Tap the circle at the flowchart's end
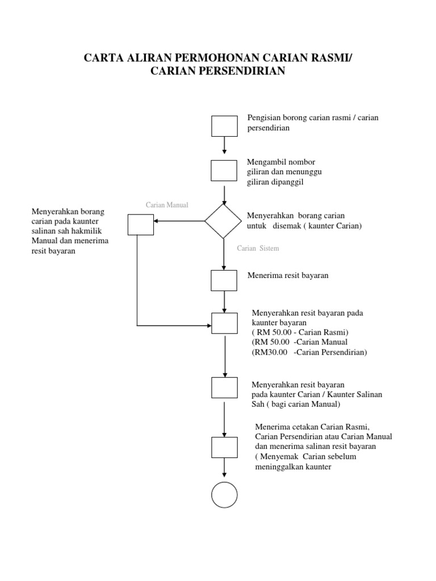tap(224, 495)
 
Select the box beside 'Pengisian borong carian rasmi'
tap(224, 126)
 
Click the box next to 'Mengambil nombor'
tap(224, 170)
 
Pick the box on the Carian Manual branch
tap(140, 225)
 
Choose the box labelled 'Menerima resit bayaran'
tap(224, 280)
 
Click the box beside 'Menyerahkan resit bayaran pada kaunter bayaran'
tap(224, 323)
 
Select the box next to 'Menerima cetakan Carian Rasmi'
tap(224, 447)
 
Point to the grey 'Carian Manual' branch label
tap(167, 205)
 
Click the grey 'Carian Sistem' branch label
tap(258, 249)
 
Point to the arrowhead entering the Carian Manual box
tap(157, 221)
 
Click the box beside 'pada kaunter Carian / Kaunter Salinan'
tap(224, 388)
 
